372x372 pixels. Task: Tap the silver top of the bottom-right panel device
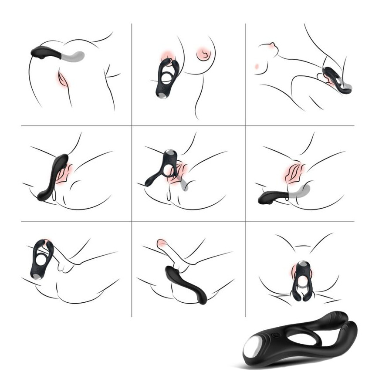pyautogui.click(x=301, y=264)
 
